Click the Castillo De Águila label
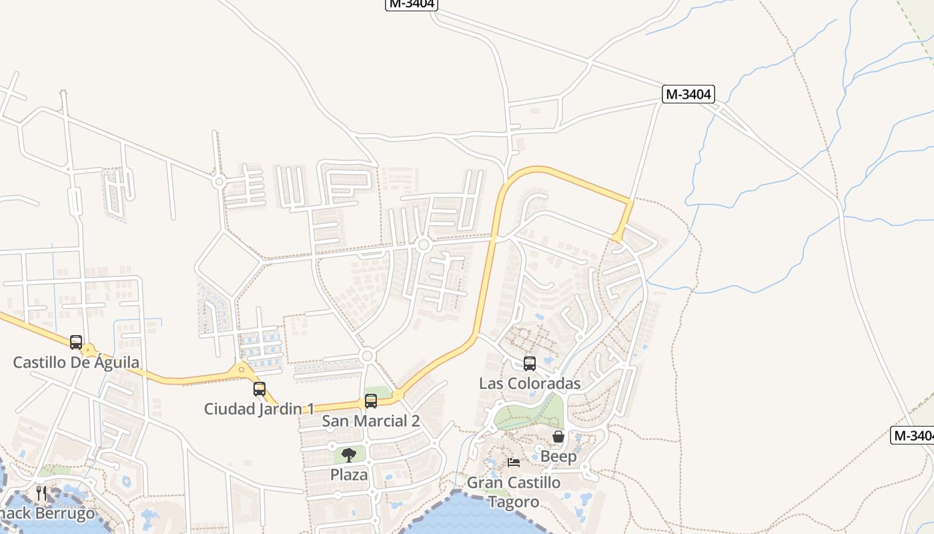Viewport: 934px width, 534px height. [76, 362]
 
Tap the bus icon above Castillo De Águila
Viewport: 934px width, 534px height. [76, 342]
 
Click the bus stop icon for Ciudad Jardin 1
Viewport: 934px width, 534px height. [260, 388]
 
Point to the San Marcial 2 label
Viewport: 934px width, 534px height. [370, 421]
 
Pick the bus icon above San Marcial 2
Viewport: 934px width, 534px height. [371, 401]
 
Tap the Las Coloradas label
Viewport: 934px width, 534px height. [530, 384]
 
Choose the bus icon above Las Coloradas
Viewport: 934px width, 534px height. [530, 364]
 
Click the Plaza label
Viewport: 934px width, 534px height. [349, 475]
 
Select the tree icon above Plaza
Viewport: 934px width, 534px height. [349, 455]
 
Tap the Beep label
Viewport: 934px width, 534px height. [558, 457]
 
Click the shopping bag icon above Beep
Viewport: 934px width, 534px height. [558, 437]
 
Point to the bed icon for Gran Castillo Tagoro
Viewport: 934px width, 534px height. [514, 462]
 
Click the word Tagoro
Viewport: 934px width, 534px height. [514, 501]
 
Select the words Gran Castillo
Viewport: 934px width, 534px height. [514, 482]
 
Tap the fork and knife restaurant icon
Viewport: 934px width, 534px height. [41, 493]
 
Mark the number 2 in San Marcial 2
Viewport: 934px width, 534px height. [415, 421]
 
